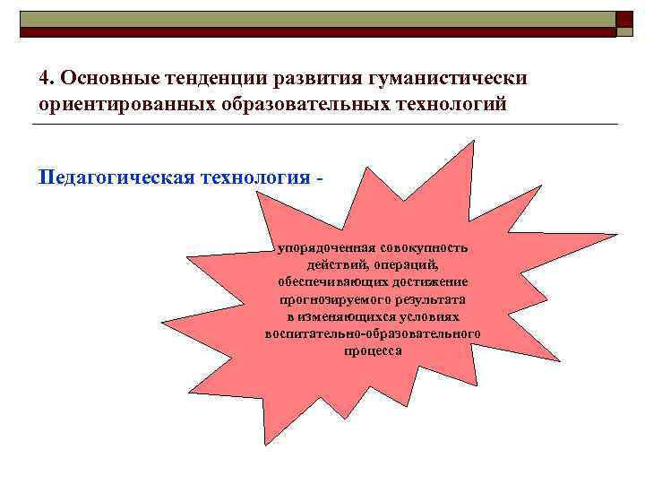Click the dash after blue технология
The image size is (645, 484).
(x=319, y=175)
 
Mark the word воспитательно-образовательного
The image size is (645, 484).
(x=373, y=333)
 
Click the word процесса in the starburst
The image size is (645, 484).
(x=373, y=350)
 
